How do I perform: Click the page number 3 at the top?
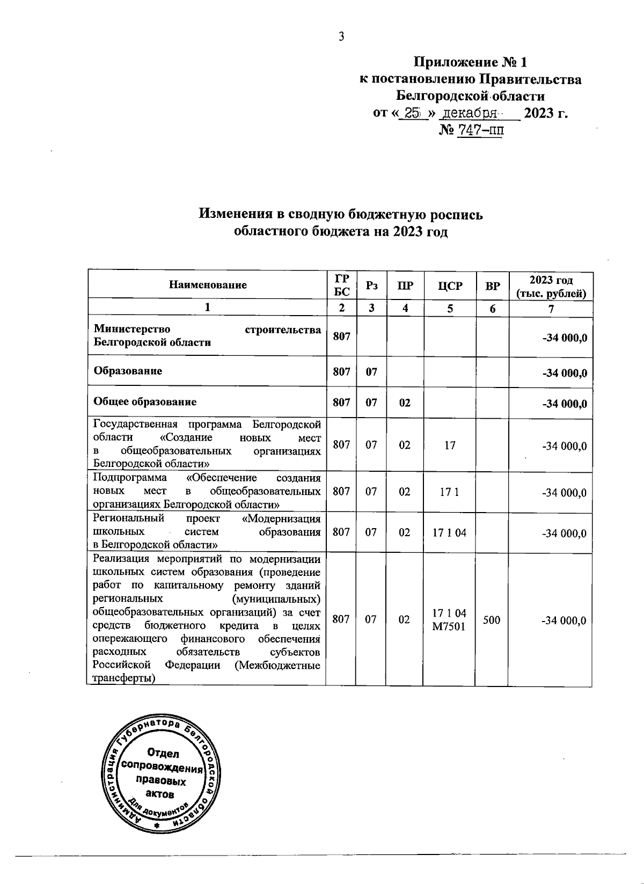(340, 36)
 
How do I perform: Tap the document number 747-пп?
(479, 130)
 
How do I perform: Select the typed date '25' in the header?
(412, 113)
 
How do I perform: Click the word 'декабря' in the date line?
(470, 113)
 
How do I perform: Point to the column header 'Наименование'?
(208, 285)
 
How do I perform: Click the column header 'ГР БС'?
(341, 286)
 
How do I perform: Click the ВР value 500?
(492, 620)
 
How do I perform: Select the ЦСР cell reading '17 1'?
(449, 492)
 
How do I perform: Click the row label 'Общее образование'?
(145, 401)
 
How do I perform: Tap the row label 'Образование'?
(128, 370)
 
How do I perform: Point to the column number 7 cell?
(551, 309)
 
